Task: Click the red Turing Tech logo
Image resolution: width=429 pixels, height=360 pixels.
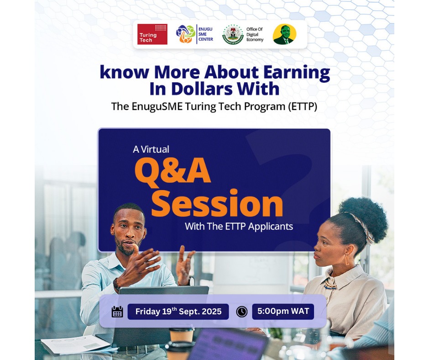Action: (x=152, y=34)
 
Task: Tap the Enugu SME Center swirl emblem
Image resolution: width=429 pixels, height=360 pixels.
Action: (x=186, y=34)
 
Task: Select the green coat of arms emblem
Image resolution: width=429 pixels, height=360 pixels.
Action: (x=233, y=34)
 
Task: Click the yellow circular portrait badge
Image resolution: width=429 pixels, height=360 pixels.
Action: (x=284, y=34)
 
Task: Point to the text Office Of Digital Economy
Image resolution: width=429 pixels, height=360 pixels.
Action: (x=255, y=34)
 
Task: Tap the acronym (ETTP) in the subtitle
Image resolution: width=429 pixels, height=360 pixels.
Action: (x=301, y=106)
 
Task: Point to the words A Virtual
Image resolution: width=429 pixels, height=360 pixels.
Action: (x=151, y=149)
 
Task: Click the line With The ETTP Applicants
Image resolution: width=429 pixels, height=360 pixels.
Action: (x=239, y=226)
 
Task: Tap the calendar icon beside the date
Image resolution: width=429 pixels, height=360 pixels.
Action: (x=117, y=312)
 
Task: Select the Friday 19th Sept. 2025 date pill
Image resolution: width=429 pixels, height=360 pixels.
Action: (x=178, y=312)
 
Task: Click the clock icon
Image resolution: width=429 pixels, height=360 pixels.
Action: (x=241, y=312)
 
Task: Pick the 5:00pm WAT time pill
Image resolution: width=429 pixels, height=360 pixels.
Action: (x=283, y=312)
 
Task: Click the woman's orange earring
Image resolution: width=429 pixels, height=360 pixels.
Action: (x=346, y=259)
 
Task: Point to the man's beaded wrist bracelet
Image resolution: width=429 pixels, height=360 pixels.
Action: (x=116, y=285)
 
